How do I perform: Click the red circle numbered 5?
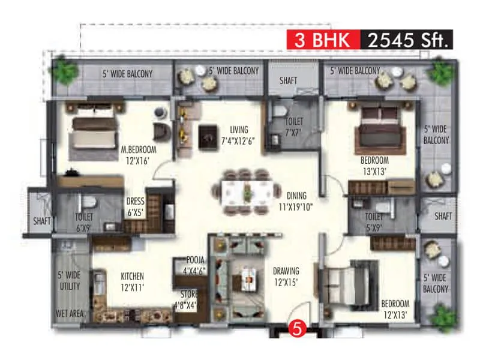point(295,329)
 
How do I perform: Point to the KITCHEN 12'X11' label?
point(132,281)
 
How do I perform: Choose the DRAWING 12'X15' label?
point(286,276)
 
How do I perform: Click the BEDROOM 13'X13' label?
point(374,166)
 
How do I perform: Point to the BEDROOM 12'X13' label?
point(395,309)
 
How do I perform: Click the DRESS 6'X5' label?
point(135,206)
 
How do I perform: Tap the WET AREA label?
point(71,314)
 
